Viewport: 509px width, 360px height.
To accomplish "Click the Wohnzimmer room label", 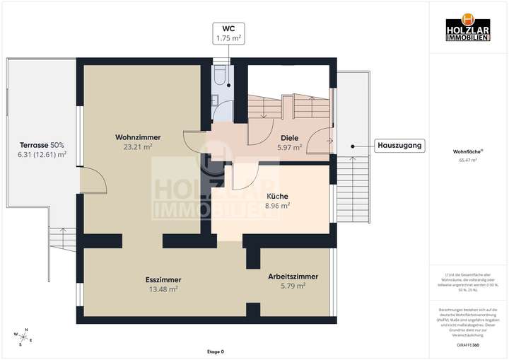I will point(138,137).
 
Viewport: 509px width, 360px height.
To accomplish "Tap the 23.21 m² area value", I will point(138,147).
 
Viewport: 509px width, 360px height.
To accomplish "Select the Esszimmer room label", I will point(163,279).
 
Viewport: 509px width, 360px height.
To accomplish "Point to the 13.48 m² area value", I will point(163,289).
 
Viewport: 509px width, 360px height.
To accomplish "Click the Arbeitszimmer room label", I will point(293,276).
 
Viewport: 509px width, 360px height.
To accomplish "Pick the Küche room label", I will point(276,196).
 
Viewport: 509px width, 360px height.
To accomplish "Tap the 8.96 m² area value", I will point(276,206).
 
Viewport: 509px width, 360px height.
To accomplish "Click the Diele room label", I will point(288,138).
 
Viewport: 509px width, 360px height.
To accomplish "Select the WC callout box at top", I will point(228,33).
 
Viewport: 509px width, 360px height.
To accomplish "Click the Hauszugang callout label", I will point(400,146).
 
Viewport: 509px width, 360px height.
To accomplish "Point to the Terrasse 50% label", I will point(42,144).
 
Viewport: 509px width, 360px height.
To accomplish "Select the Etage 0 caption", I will point(215,352).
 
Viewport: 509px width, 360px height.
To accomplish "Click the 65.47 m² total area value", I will point(467,161).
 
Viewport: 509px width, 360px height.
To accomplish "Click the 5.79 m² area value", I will point(293,286).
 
